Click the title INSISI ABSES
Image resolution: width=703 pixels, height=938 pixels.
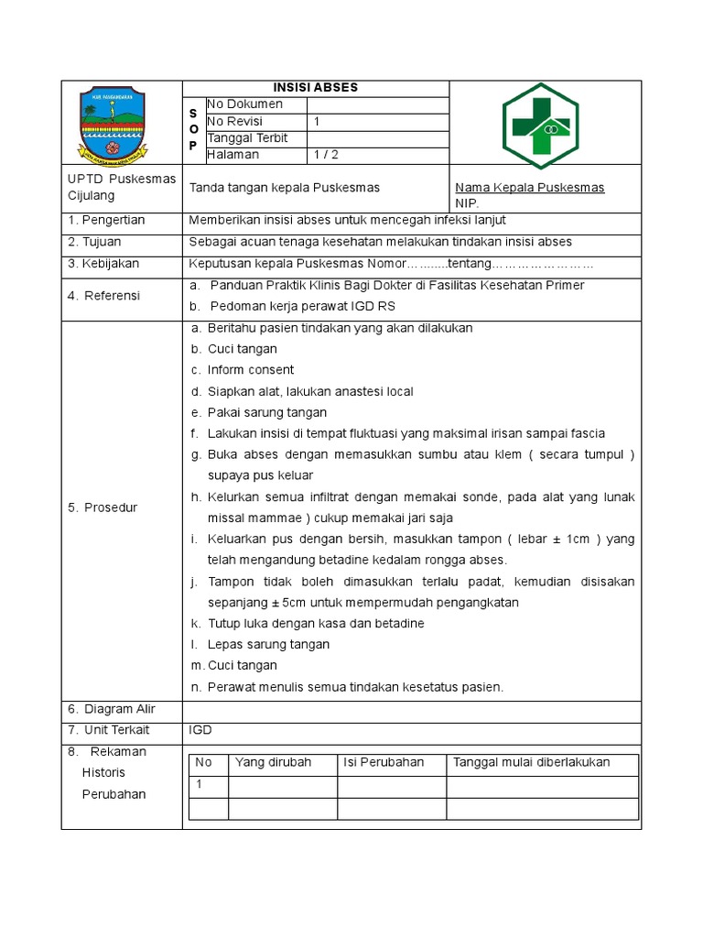[x=316, y=88]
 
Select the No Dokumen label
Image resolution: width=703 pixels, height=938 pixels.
[x=244, y=104]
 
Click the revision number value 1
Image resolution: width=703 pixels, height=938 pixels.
[x=317, y=122]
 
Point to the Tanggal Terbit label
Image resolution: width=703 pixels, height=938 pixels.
[x=247, y=138]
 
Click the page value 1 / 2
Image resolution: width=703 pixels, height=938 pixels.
[x=326, y=155]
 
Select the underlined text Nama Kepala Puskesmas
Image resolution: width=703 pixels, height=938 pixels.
[x=530, y=188]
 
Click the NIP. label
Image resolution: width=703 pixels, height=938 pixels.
[x=467, y=203]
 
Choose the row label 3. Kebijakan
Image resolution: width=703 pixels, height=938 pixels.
[x=103, y=264]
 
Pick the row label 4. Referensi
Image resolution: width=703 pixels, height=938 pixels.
[x=103, y=296]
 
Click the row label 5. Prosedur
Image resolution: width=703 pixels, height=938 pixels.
[x=103, y=507]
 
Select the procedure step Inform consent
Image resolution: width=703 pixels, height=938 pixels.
[x=250, y=370]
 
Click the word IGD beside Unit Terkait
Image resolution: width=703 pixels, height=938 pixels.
[x=200, y=730]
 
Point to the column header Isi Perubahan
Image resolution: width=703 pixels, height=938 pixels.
[x=384, y=763]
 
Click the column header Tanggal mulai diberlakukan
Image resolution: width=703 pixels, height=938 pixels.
[x=531, y=763]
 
